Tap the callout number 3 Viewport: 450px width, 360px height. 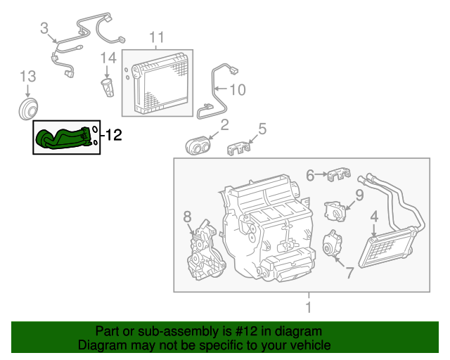pyautogui.click(x=44, y=29)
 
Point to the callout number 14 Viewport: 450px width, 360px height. pyautogui.click(x=108, y=57)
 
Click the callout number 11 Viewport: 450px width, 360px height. pyautogui.click(x=156, y=37)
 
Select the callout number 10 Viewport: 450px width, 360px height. pyautogui.click(x=238, y=89)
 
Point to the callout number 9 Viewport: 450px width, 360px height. pyautogui.click(x=359, y=195)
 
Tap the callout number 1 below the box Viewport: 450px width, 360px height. pyautogui.click(x=307, y=307)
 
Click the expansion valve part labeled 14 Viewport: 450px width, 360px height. pyautogui.click(x=106, y=89)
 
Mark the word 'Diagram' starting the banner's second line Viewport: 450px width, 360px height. pyautogui.click(x=102, y=345)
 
